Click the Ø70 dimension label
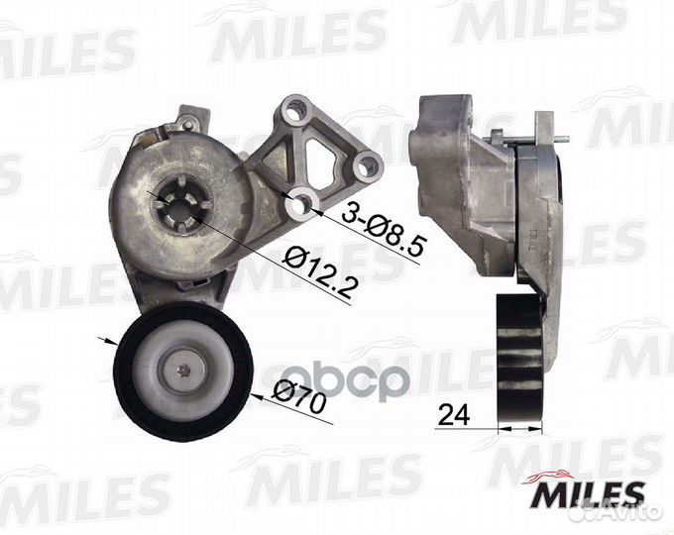point(299,398)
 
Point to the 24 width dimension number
point(455,415)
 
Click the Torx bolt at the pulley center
point(184,369)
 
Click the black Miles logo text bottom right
point(589,495)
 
